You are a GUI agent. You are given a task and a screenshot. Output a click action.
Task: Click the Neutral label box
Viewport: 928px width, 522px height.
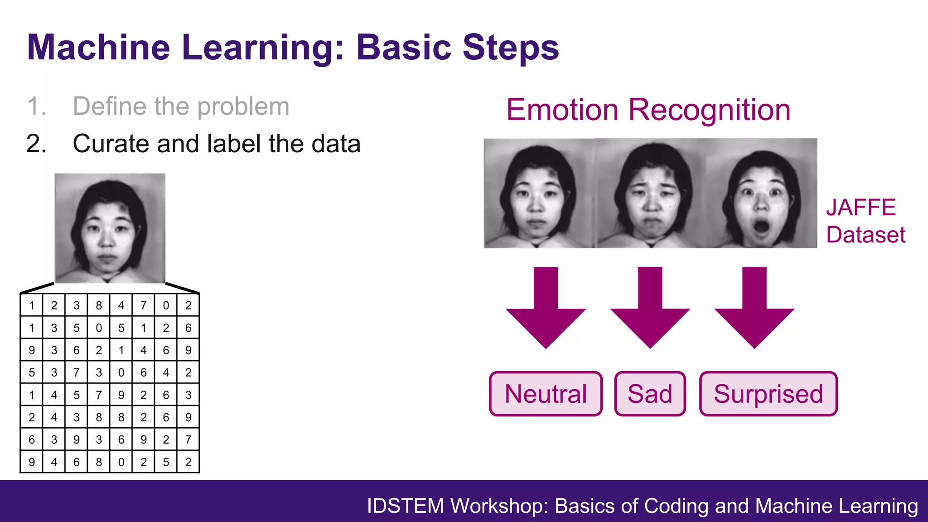[x=546, y=394]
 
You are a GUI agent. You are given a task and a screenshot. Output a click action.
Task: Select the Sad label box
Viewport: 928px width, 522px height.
[x=650, y=394]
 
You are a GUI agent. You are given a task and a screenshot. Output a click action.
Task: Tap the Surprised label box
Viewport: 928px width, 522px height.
[x=768, y=394]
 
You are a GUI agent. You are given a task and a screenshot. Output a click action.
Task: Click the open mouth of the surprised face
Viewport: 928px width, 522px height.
[x=761, y=227]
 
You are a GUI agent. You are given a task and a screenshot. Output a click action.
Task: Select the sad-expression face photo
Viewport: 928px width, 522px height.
[x=651, y=193]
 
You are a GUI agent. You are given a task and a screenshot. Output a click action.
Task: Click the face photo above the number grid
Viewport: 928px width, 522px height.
[x=110, y=228]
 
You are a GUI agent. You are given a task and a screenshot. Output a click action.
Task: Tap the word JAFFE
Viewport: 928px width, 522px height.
[x=861, y=208]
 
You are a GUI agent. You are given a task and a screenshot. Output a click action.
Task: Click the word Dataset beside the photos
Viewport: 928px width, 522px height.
[x=865, y=235]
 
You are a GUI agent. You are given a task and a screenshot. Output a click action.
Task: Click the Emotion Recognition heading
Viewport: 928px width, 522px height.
[x=648, y=110]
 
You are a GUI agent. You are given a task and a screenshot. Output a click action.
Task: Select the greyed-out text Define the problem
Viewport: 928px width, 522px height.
[x=181, y=106]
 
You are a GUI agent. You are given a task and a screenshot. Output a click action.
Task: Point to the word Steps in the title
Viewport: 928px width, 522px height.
[x=511, y=47]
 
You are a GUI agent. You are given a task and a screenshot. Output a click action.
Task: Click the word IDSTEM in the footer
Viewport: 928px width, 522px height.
[x=405, y=506]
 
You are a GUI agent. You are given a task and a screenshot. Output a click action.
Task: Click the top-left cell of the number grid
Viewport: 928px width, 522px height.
[x=32, y=305]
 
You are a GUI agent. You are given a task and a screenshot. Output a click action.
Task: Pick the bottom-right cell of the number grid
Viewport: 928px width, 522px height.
[x=188, y=462]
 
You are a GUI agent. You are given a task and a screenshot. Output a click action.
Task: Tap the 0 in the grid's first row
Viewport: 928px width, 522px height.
[x=166, y=305]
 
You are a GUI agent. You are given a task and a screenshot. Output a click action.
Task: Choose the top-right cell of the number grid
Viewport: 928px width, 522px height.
[x=188, y=305]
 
